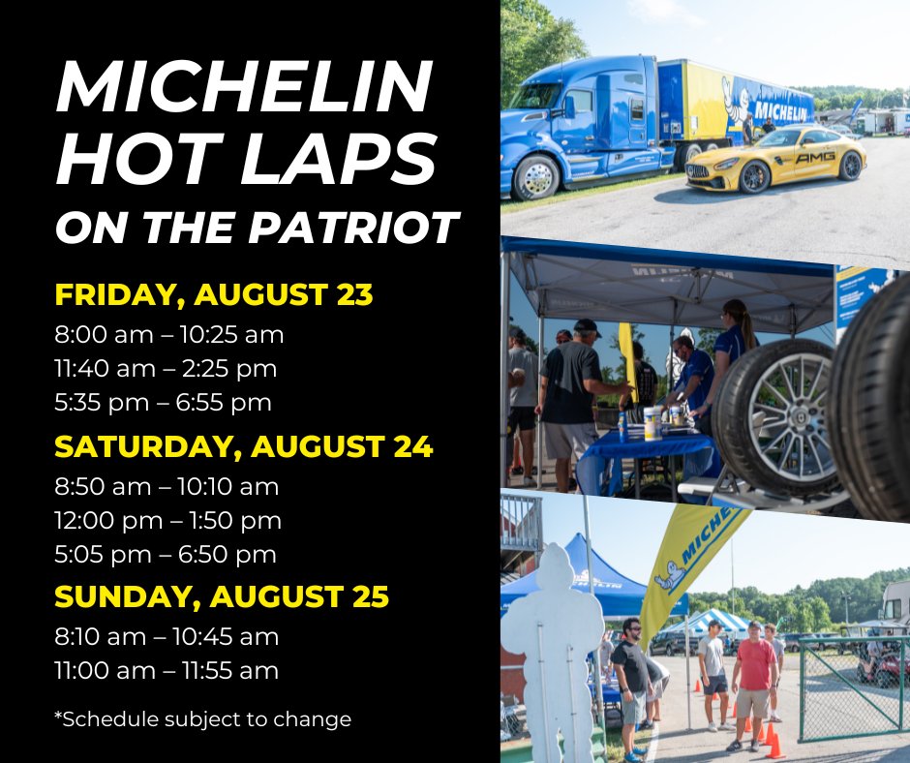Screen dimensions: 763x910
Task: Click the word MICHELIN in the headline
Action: coord(243,89)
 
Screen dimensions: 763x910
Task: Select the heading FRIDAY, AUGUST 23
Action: coord(214,294)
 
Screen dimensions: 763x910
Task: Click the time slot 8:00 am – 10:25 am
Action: coord(169,335)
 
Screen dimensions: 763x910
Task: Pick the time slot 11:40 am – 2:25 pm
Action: coord(167,369)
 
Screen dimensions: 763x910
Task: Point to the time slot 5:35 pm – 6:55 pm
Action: coord(164,402)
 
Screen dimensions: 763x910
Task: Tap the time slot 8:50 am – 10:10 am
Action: coord(167,486)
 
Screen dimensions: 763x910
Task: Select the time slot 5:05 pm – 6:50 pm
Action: coord(166,554)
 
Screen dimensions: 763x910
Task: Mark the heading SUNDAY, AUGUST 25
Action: coord(222,597)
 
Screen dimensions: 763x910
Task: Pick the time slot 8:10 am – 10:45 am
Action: coord(167,637)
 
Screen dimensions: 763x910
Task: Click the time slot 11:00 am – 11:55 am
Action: coord(167,670)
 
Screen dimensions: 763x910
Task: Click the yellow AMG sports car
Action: coord(774,158)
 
